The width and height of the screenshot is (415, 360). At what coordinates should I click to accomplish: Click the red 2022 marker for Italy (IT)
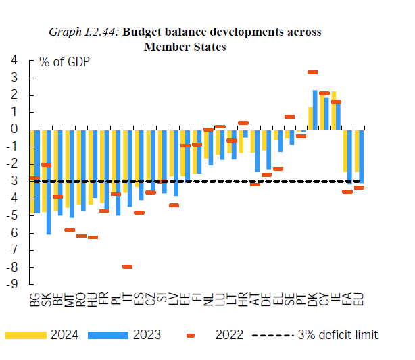[127, 267]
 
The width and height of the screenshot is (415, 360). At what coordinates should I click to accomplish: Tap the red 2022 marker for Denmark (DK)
[313, 72]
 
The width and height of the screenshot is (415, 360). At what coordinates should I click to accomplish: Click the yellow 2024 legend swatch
[26, 335]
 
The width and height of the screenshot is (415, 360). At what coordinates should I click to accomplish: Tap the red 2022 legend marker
[190, 335]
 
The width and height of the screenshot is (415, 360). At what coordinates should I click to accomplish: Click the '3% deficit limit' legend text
[337, 335]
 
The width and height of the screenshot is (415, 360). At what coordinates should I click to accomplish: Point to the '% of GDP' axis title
[64, 61]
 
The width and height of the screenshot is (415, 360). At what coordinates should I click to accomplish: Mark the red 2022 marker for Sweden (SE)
[289, 117]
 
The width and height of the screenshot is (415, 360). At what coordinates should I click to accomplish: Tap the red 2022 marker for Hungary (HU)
[93, 237]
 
